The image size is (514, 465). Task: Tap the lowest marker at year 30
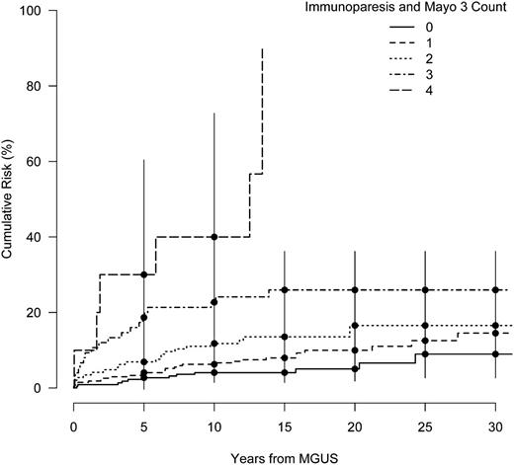(495, 354)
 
